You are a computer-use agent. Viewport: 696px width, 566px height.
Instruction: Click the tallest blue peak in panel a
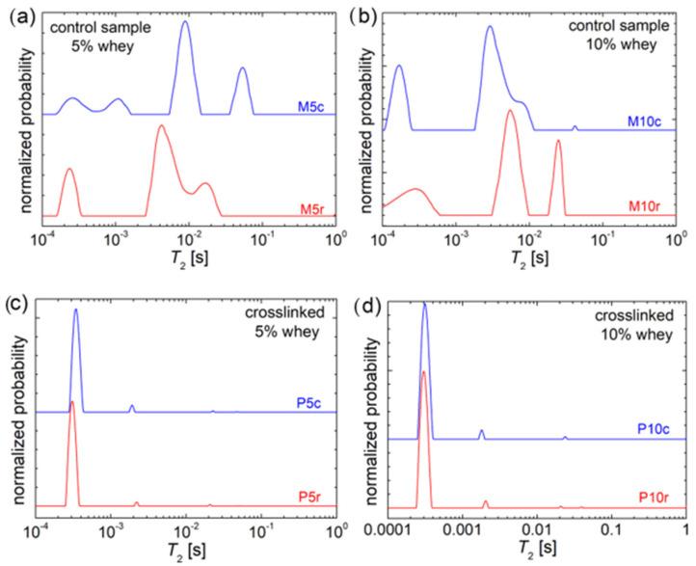tap(184, 22)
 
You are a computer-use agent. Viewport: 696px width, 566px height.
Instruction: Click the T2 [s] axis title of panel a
tap(188, 259)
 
